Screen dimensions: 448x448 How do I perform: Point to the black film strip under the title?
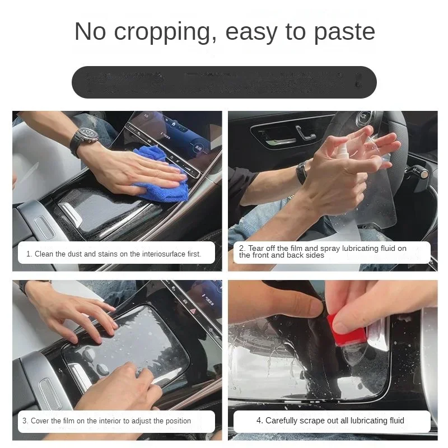click(224, 82)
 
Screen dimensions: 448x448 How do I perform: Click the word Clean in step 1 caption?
click(44, 254)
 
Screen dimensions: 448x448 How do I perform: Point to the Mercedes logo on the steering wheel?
click(365, 119)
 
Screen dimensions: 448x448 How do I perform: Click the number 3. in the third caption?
click(25, 421)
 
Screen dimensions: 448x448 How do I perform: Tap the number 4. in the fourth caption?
click(260, 421)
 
